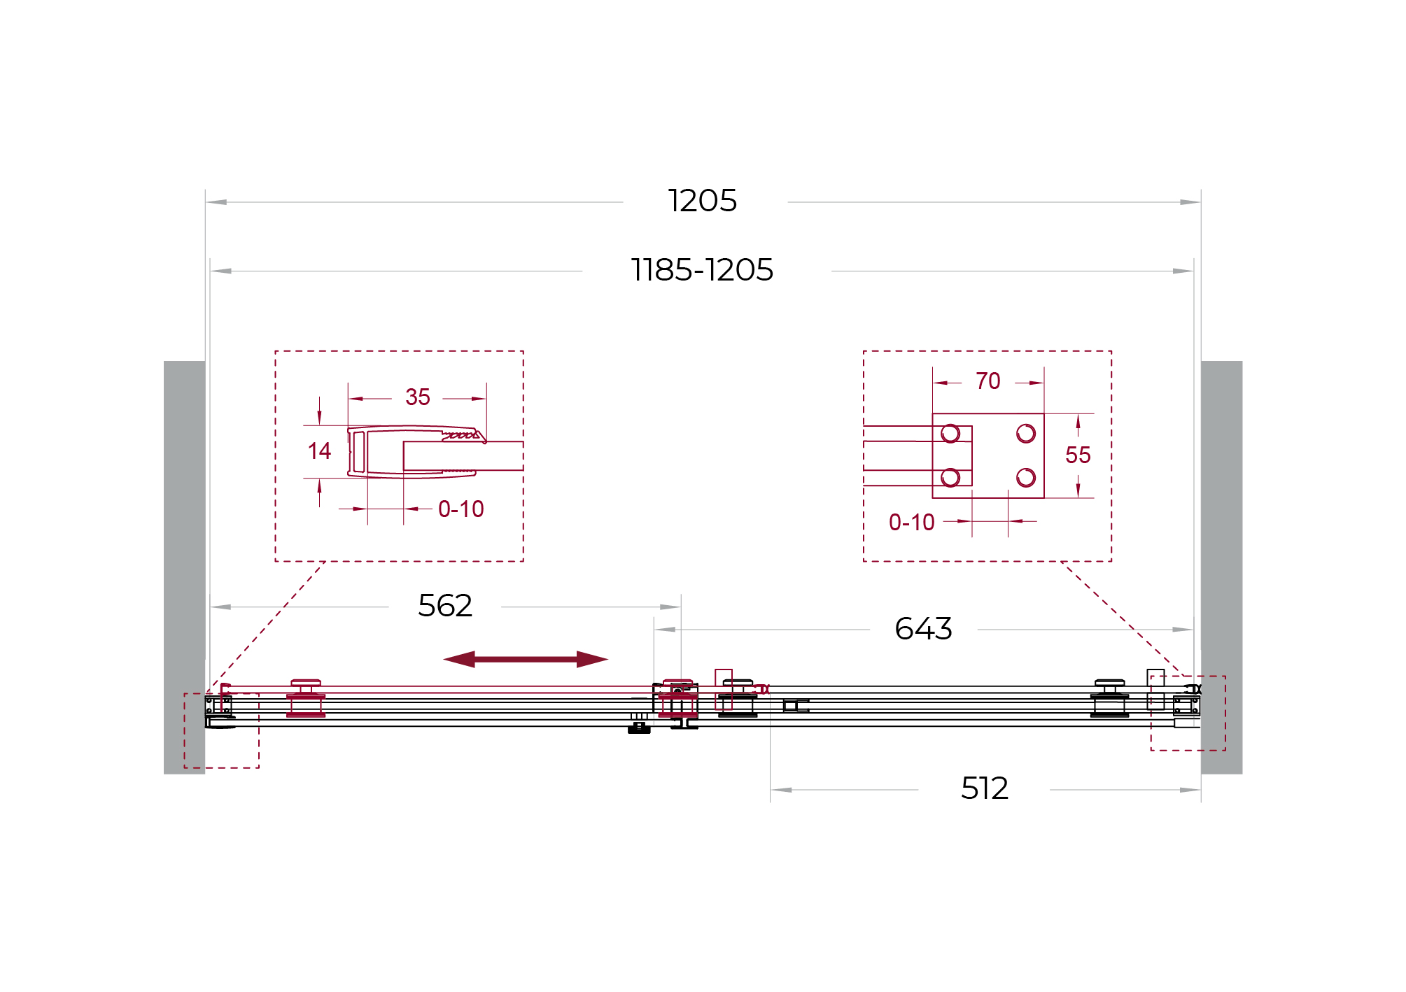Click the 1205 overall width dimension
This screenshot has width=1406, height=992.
(x=702, y=201)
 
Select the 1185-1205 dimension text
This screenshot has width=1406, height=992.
(x=702, y=270)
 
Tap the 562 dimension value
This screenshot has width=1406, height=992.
(x=445, y=606)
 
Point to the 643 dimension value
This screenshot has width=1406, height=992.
(x=923, y=629)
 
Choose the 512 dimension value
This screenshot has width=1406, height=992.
(x=985, y=788)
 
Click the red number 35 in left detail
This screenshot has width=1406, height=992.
(x=418, y=397)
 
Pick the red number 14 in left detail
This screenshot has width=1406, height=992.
(x=319, y=451)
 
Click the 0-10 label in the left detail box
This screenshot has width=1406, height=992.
(x=461, y=509)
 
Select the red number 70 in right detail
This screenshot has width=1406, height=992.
(x=988, y=381)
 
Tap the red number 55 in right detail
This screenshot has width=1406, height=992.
(x=1078, y=455)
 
